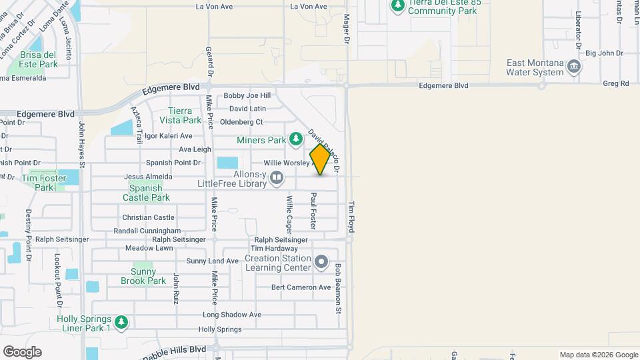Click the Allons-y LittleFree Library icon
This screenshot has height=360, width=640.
click(x=276, y=177)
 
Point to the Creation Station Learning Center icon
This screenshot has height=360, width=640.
click(x=322, y=262)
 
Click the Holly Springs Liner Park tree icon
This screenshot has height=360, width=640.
click(x=121, y=323)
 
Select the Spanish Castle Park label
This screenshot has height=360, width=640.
click(x=146, y=193)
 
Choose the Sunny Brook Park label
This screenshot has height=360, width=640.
click(x=143, y=276)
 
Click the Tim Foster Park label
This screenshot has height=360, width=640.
click(x=44, y=183)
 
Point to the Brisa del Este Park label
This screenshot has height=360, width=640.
click(x=39, y=60)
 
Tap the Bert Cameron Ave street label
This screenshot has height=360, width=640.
click(x=301, y=288)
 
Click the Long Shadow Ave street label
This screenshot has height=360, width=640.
click(x=231, y=315)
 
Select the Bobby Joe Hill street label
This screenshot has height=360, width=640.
click(x=247, y=96)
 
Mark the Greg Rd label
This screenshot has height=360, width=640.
click(x=615, y=84)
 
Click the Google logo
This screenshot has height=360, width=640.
click(x=22, y=352)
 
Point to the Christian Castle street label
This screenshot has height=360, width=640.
click(x=148, y=218)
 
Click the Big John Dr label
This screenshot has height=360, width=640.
click(x=603, y=53)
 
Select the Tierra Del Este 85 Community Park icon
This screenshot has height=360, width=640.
click(x=397, y=6)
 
